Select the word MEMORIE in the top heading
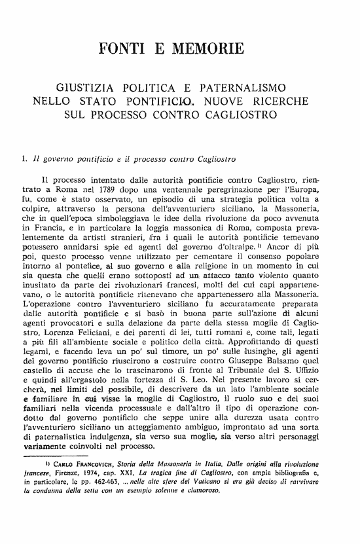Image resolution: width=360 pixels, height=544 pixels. [x=208, y=48]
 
